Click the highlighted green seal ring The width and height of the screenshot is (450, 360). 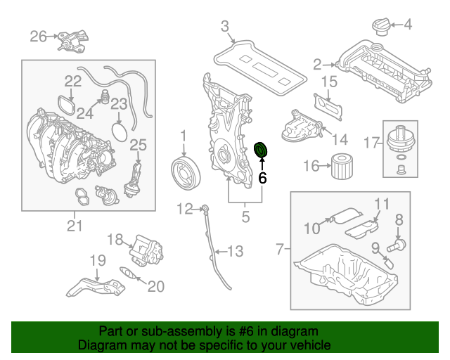(x=261, y=150)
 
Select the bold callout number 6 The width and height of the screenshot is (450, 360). (x=262, y=179)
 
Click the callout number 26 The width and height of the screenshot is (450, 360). (x=38, y=36)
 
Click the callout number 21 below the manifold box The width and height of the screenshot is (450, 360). (x=75, y=226)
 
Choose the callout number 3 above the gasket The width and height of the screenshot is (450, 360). (x=225, y=27)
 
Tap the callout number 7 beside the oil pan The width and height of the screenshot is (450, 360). (x=281, y=249)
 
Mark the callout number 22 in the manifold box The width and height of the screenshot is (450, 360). (x=74, y=81)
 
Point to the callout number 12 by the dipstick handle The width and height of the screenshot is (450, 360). (x=184, y=208)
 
